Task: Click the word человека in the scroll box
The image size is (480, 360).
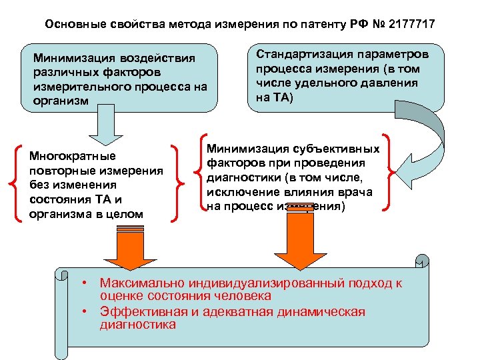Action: pos(241,295)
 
